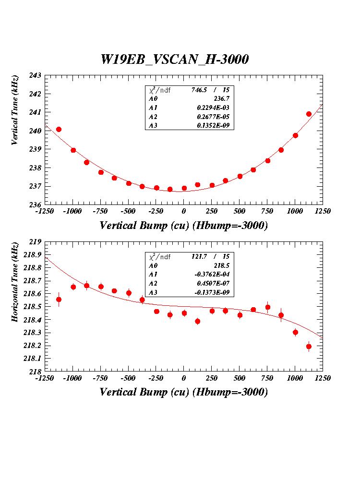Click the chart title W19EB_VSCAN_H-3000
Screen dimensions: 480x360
pos(174,60)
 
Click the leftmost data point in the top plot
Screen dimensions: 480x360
pos(59,129)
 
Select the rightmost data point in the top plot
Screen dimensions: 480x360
pos(309,114)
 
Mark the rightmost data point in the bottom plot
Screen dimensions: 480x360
pos(309,346)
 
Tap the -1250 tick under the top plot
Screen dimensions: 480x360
pos(45,211)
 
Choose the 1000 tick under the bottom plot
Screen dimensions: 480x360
pos(295,378)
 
